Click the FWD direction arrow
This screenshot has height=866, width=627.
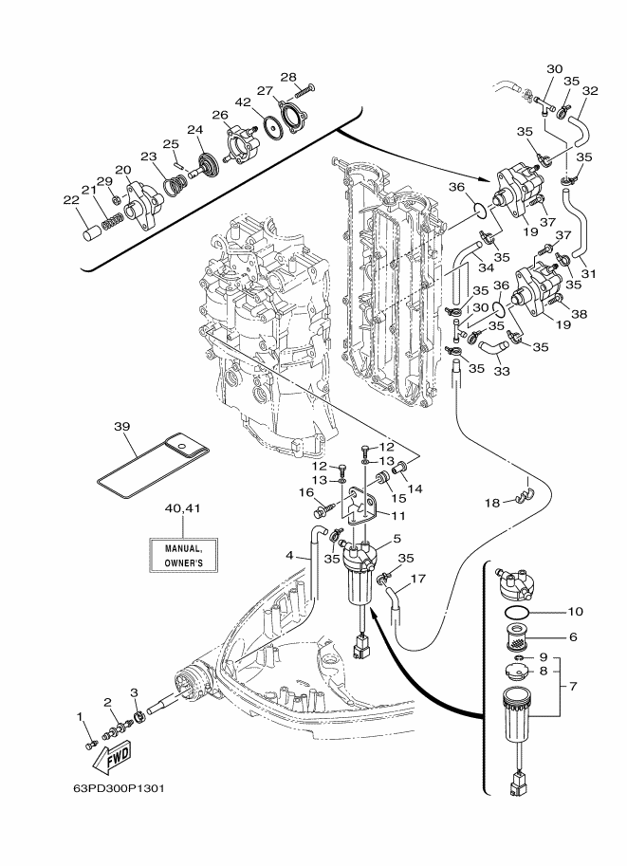[112, 757]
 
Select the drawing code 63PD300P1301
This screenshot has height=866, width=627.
[119, 788]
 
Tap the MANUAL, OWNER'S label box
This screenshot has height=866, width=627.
[183, 555]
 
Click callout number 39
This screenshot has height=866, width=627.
[121, 427]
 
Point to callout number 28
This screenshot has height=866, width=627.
[287, 78]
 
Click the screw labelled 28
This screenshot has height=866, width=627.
[304, 90]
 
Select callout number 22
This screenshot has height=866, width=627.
[71, 200]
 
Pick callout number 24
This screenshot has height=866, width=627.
[194, 130]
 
